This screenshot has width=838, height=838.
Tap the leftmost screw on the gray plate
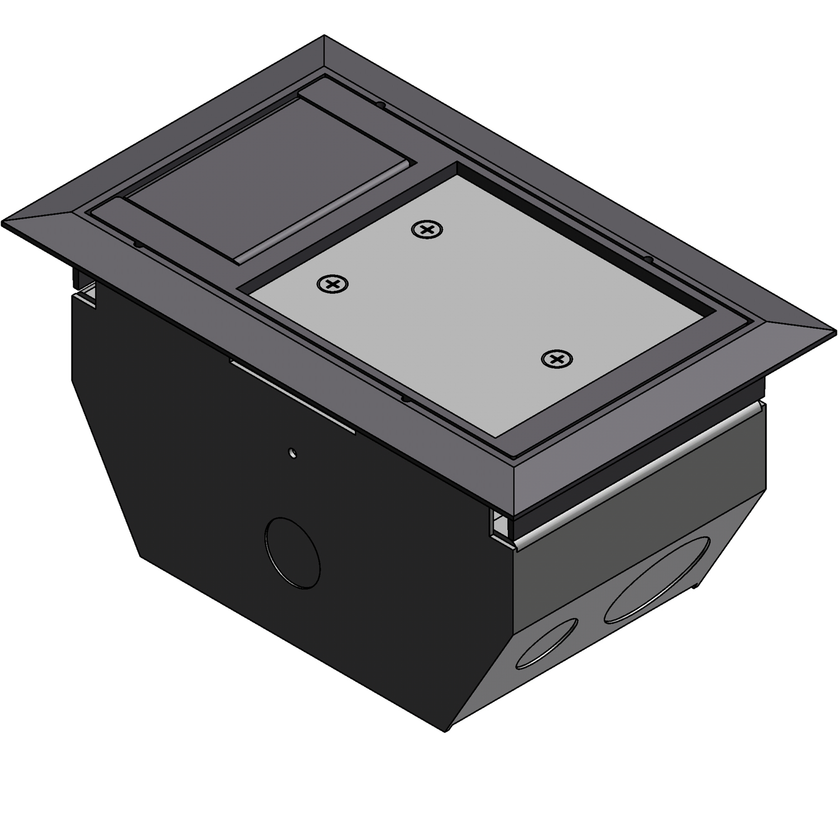pyautogui.click(x=332, y=284)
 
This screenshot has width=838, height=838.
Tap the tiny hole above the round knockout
pyautogui.click(x=291, y=452)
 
